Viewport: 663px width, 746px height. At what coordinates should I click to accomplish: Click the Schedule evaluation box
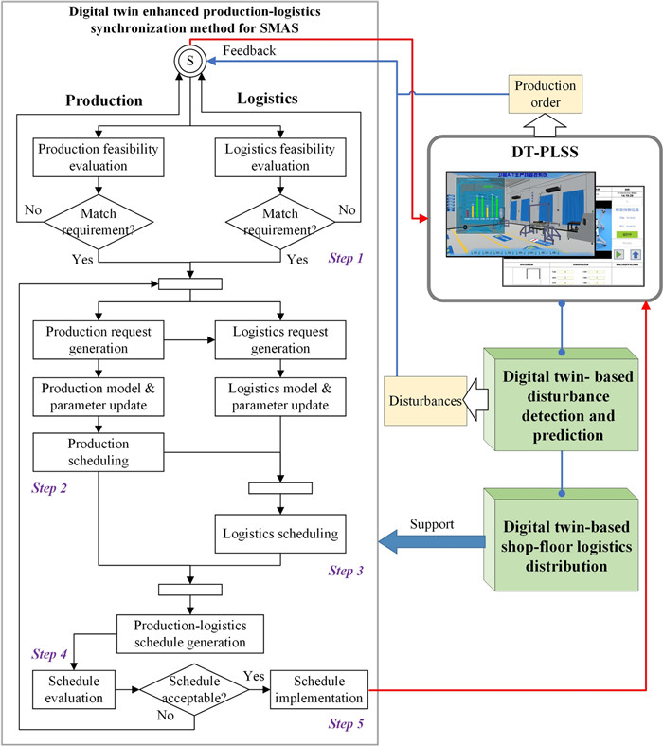coord(71,689)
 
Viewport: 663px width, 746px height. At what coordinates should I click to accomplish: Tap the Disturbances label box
coord(421,400)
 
